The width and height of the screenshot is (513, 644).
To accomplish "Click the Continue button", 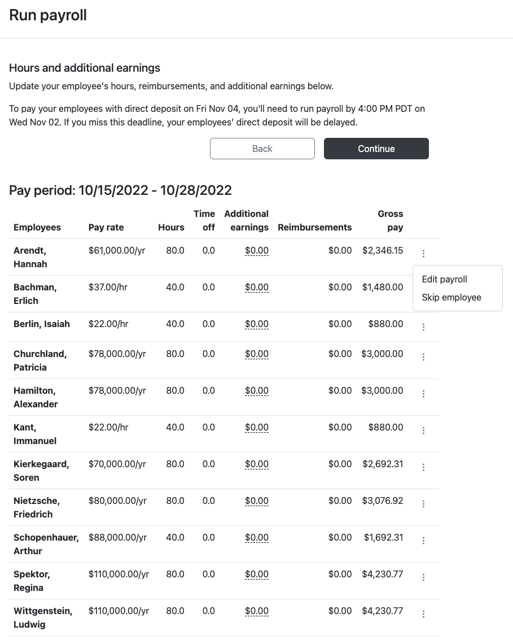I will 376,149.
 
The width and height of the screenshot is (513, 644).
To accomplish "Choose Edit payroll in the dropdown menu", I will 444,279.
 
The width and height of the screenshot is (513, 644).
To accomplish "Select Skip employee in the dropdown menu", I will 451,297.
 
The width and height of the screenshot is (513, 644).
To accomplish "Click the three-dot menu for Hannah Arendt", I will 423,254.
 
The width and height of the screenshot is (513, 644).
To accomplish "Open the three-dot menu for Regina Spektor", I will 423,577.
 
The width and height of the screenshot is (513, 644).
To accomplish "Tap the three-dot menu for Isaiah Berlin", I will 423,327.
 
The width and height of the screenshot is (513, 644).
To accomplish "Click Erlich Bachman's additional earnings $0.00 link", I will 257,287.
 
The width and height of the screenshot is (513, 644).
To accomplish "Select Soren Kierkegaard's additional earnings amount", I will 257,464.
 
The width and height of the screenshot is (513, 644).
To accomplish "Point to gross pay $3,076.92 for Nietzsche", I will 383,501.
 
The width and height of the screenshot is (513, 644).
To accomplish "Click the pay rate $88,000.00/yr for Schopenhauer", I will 117,537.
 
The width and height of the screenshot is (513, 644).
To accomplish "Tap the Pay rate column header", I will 106,227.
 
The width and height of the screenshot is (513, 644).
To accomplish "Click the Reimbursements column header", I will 314,227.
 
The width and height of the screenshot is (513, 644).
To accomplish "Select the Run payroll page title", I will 48,15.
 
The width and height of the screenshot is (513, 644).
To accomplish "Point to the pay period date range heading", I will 120,190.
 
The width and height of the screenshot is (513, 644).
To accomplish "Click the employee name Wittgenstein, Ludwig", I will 43,617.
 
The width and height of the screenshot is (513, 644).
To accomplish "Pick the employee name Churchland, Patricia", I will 40,360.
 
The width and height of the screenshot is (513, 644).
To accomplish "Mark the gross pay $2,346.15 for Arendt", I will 383,250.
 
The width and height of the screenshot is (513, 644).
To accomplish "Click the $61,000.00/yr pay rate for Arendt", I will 117,250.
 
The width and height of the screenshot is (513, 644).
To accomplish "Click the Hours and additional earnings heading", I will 85,68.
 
